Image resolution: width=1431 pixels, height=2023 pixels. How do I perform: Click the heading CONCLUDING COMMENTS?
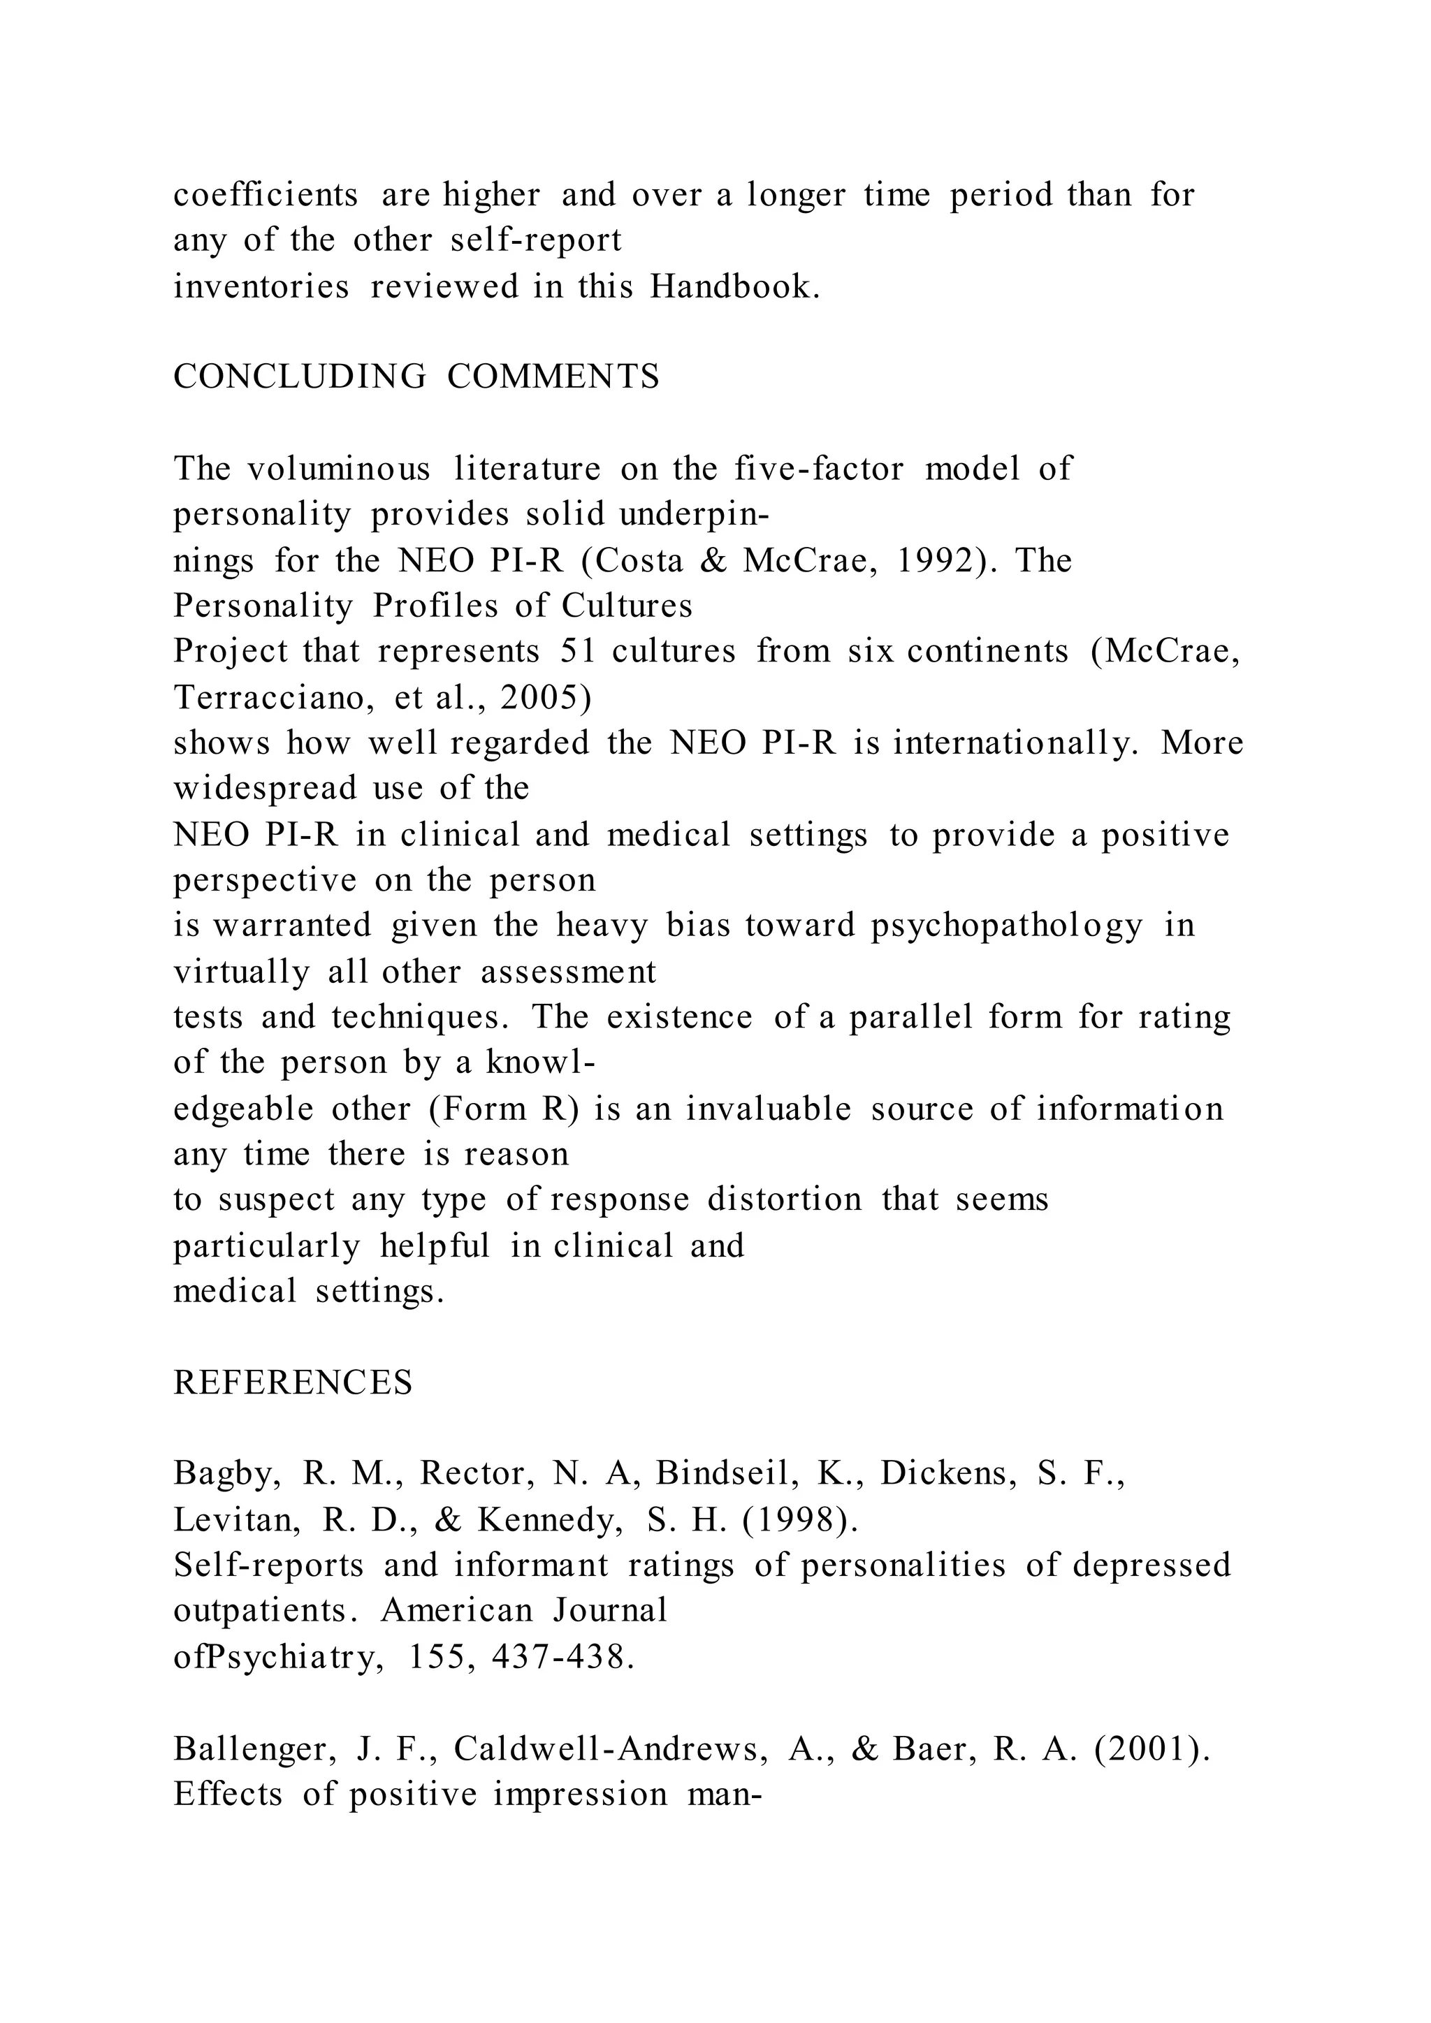[416, 377]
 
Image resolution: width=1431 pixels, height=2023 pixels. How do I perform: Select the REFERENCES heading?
[293, 1383]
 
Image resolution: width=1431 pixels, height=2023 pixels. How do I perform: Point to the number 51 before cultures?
[578, 651]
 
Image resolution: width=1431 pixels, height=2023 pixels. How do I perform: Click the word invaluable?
[769, 1109]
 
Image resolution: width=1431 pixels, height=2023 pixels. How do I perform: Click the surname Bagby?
[227, 1475]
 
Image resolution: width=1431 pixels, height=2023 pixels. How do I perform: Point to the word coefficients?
[266, 195]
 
